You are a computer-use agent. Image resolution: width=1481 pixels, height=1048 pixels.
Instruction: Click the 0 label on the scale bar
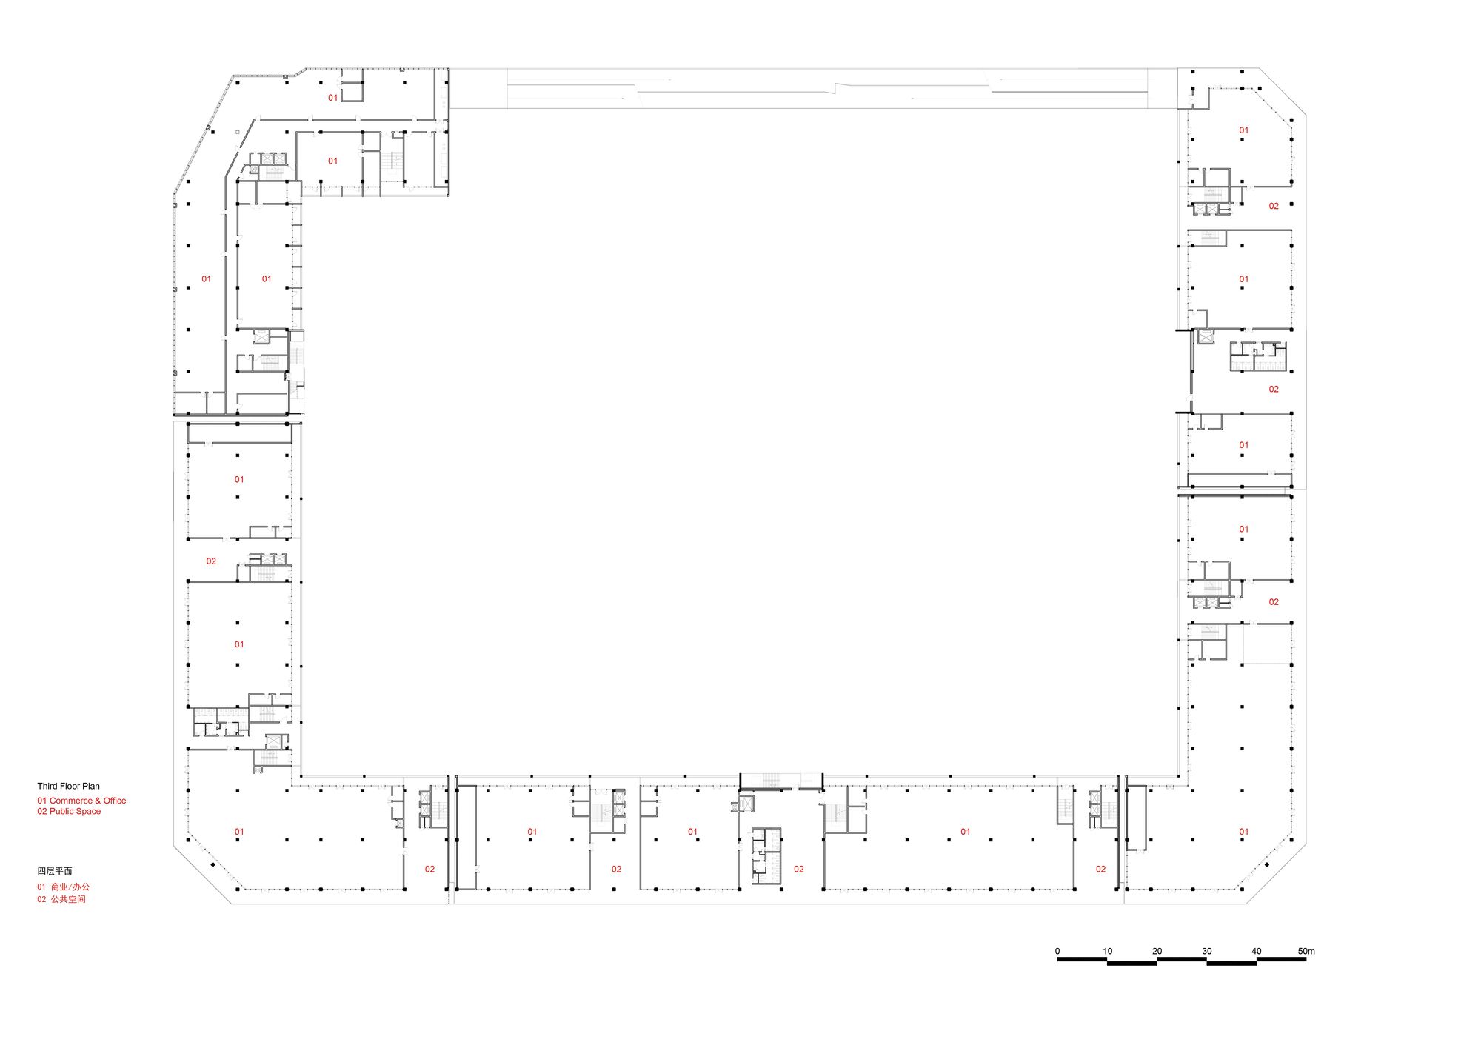[1057, 951]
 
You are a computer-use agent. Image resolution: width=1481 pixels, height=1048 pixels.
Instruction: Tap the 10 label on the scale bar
[1107, 951]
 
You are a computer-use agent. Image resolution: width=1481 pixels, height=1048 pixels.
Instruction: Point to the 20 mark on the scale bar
[1157, 951]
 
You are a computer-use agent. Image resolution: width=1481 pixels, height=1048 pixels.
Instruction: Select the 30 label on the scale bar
[1206, 951]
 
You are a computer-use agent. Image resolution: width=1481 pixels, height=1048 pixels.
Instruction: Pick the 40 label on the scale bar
[1256, 951]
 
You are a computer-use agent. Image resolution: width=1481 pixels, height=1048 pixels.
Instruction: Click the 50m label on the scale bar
[1306, 951]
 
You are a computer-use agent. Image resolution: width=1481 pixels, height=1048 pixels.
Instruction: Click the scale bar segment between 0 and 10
[1082, 960]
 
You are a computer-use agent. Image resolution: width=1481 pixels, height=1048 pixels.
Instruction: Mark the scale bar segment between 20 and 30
[1182, 960]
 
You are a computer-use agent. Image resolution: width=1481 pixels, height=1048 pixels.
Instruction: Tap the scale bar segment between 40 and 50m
[1281, 960]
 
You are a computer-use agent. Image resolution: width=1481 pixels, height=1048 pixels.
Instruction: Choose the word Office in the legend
[115, 801]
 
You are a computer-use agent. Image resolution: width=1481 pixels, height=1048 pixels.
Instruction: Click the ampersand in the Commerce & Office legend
[98, 801]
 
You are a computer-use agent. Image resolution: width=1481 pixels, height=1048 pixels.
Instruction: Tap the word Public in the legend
[61, 811]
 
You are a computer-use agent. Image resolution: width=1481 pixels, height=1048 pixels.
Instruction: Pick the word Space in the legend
[89, 812]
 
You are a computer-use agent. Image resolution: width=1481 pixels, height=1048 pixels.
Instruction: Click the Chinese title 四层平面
[55, 871]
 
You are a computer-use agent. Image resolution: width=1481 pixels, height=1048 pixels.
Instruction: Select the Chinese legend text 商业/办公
[70, 887]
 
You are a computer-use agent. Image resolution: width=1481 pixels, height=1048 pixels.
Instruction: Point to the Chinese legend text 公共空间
[68, 899]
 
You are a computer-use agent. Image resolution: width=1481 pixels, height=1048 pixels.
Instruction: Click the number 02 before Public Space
[42, 811]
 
